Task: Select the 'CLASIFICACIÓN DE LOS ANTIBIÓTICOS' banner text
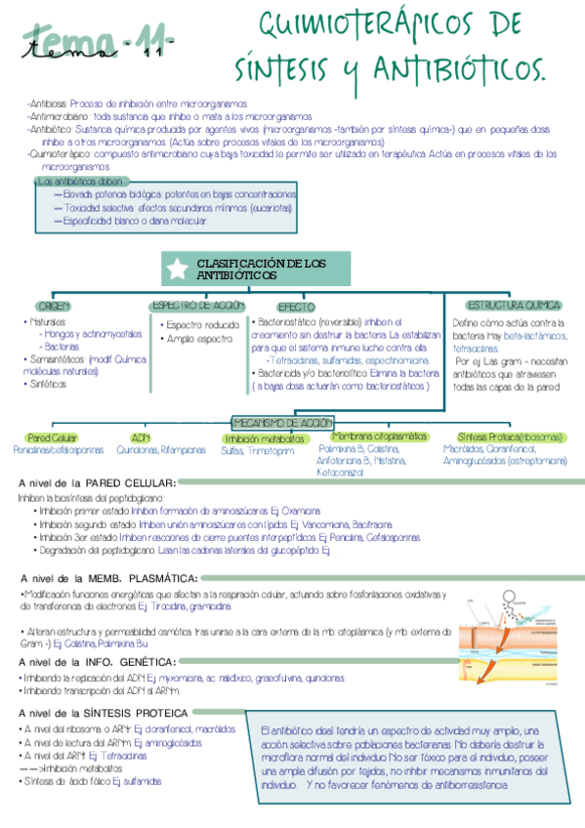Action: pyautogui.click(x=261, y=269)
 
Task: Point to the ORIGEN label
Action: pyautogui.click(x=56, y=307)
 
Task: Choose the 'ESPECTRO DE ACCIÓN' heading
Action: pyautogui.click(x=197, y=306)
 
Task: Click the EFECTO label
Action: pyautogui.click(x=296, y=307)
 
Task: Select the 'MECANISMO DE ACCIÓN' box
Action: pyautogui.click(x=283, y=422)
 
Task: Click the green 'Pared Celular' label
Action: pyautogui.click(x=53, y=438)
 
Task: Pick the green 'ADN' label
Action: pyautogui.click(x=140, y=438)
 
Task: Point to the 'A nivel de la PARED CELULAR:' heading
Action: pyautogui.click(x=98, y=482)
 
